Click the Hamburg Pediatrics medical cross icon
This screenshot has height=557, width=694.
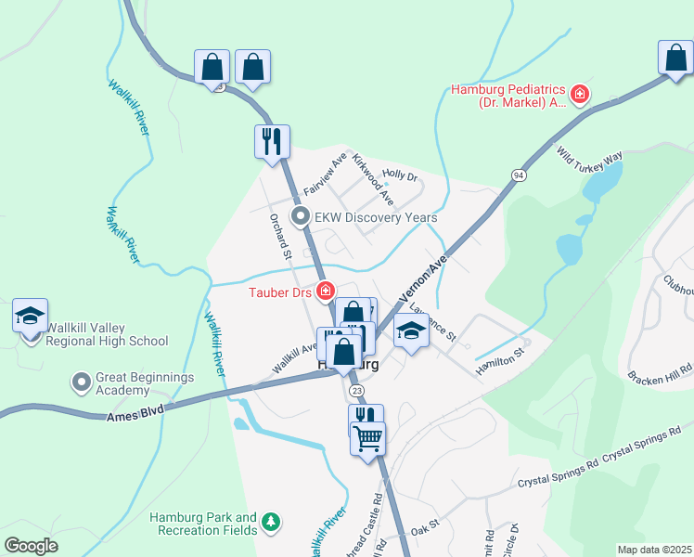(x=580, y=94)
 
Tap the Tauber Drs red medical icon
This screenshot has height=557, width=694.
(x=326, y=291)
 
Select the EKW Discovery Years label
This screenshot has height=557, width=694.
(x=376, y=218)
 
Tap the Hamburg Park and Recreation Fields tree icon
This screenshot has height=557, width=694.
(x=271, y=523)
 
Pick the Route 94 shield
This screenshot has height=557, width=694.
(x=518, y=175)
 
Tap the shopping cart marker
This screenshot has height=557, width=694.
(x=368, y=437)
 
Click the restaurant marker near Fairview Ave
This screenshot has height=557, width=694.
(x=272, y=142)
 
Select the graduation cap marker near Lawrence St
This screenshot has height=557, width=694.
(x=411, y=330)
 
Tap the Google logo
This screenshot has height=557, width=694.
(x=31, y=546)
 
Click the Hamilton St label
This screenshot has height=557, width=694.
(x=500, y=358)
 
